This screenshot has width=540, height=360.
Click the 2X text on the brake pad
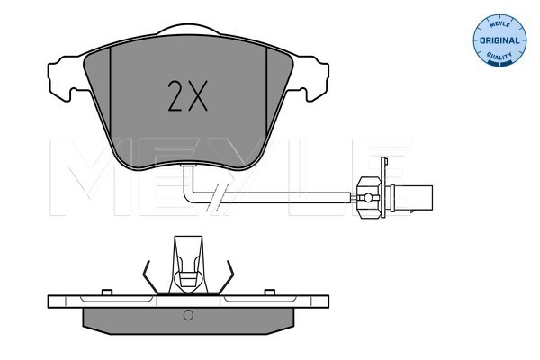[188, 95]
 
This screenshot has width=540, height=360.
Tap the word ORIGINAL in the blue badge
[499, 40]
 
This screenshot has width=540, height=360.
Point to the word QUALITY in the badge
[499, 56]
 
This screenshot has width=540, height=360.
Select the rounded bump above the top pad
[188, 29]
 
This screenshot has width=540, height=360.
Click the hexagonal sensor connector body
[369, 198]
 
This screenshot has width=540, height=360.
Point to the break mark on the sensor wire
[214, 198]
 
